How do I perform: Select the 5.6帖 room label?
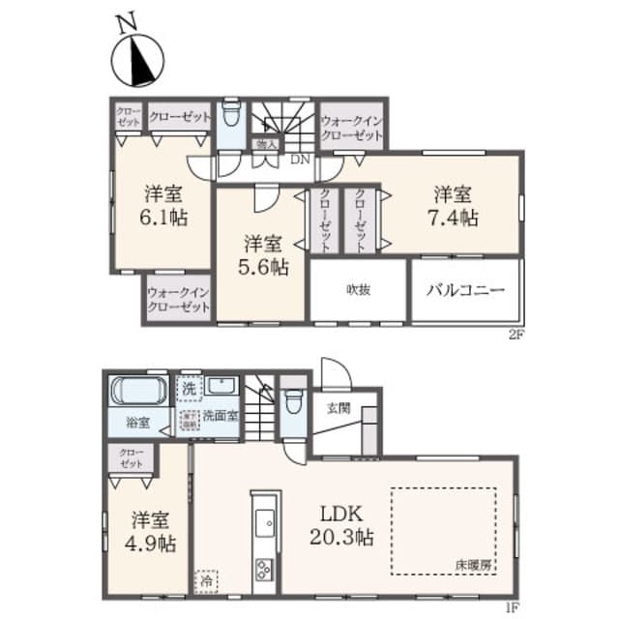coord(264,254)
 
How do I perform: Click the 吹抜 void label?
coord(359,289)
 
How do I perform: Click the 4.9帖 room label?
coord(142,531)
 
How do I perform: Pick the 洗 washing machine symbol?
coord(191,388)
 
